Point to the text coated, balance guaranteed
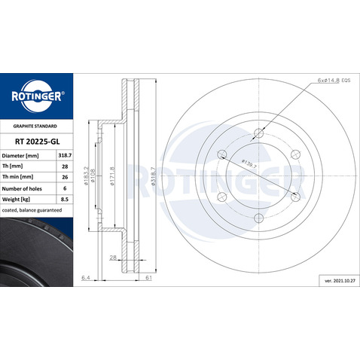(32, 214)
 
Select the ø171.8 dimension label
(112, 178)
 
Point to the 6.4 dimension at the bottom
(86, 278)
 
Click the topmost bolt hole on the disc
(258, 133)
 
